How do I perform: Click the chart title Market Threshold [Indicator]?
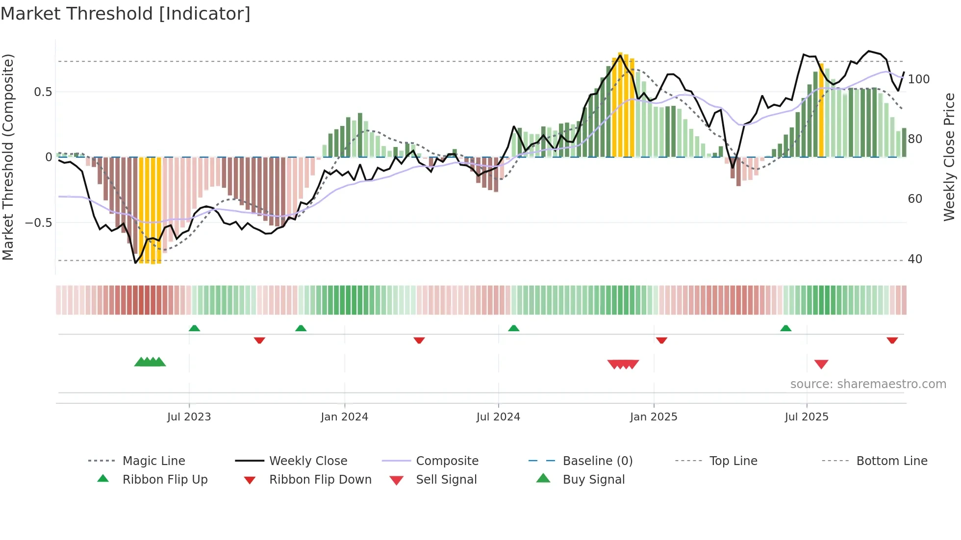[126, 14]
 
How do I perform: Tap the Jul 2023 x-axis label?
[189, 417]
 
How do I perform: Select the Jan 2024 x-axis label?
[344, 417]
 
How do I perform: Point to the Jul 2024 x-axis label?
[498, 417]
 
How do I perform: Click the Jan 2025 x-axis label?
[654, 417]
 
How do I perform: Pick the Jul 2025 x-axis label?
[807, 417]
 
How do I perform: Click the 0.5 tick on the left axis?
[43, 92]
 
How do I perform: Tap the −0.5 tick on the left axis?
[39, 223]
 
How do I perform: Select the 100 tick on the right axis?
[918, 79]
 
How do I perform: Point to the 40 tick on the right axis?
[915, 259]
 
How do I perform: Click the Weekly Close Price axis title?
[949, 157]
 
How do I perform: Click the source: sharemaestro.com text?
[868, 384]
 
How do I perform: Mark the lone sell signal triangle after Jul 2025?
[821, 364]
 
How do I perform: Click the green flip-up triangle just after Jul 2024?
[513, 328]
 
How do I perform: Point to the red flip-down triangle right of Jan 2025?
[661, 340]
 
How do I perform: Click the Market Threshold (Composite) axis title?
[8, 157]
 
